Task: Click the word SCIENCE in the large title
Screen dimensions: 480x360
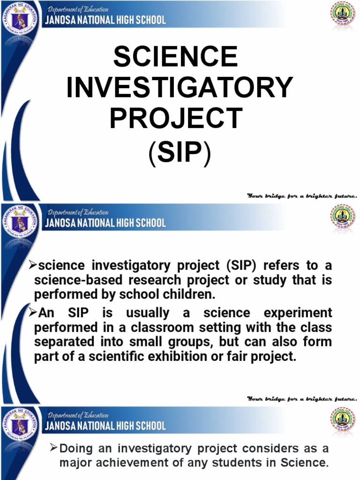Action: (x=175, y=58)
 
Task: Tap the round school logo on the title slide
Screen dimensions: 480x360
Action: (x=343, y=16)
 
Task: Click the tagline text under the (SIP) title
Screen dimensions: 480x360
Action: (x=302, y=195)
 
